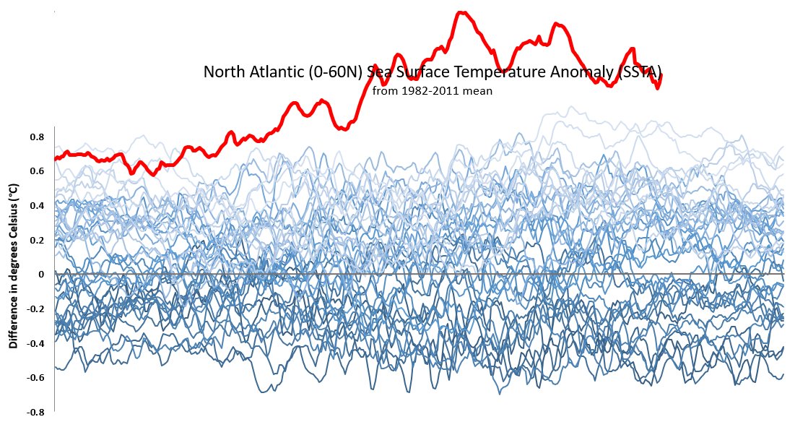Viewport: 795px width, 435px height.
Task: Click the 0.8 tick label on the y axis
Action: [x=37, y=137]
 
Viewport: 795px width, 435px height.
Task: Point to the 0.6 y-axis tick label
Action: [x=37, y=171]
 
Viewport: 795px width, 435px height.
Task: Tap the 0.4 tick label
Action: [x=37, y=206]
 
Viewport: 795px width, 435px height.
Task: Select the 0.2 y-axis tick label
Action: [x=37, y=240]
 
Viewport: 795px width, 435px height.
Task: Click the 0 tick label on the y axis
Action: [x=41, y=275]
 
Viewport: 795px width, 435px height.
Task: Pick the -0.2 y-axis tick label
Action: [x=35, y=309]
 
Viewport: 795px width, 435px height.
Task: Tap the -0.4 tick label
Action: [x=35, y=343]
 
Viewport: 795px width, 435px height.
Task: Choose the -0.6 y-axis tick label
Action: [x=35, y=377]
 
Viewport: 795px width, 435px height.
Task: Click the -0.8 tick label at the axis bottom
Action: [x=35, y=412]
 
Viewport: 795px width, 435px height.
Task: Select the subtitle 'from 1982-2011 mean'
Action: [x=432, y=92]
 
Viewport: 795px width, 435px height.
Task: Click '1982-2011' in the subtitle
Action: [x=434, y=92]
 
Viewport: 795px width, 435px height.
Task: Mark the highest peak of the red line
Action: [x=461, y=12]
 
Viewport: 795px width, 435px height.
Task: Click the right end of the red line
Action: [x=661, y=74]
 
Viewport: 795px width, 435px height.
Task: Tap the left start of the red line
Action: [x=55, y=159]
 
